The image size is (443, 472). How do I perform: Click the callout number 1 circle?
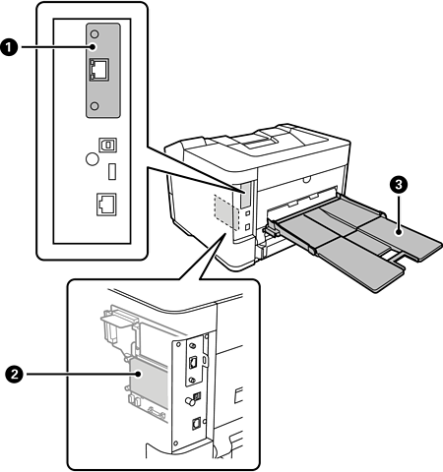pos(9,47)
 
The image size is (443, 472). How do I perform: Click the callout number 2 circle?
pos(14,374)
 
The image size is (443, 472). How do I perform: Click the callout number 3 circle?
pos(399,185)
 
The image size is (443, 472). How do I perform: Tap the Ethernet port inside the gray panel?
pos(99,70)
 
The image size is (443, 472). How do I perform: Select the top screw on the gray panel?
pos(95,33)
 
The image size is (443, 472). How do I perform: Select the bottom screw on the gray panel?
pos(95,106)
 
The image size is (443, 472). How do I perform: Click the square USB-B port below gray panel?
pos(108,145)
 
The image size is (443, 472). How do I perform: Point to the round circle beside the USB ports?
pos(93,159)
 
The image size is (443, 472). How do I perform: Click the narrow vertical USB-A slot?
pos(112,171)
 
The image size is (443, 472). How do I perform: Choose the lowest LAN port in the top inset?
pos(106,205)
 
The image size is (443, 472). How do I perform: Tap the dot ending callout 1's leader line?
pos(93,47)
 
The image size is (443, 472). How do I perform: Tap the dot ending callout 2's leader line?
pos(139,374)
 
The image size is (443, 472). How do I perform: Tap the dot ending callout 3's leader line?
pos(399,232)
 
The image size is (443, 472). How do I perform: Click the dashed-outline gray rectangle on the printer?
pos(225,211)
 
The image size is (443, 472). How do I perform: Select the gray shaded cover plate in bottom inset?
pos(149,383)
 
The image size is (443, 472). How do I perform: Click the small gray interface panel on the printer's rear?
pos(245,195)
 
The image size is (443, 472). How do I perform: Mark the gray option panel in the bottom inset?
pos(193,363)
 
